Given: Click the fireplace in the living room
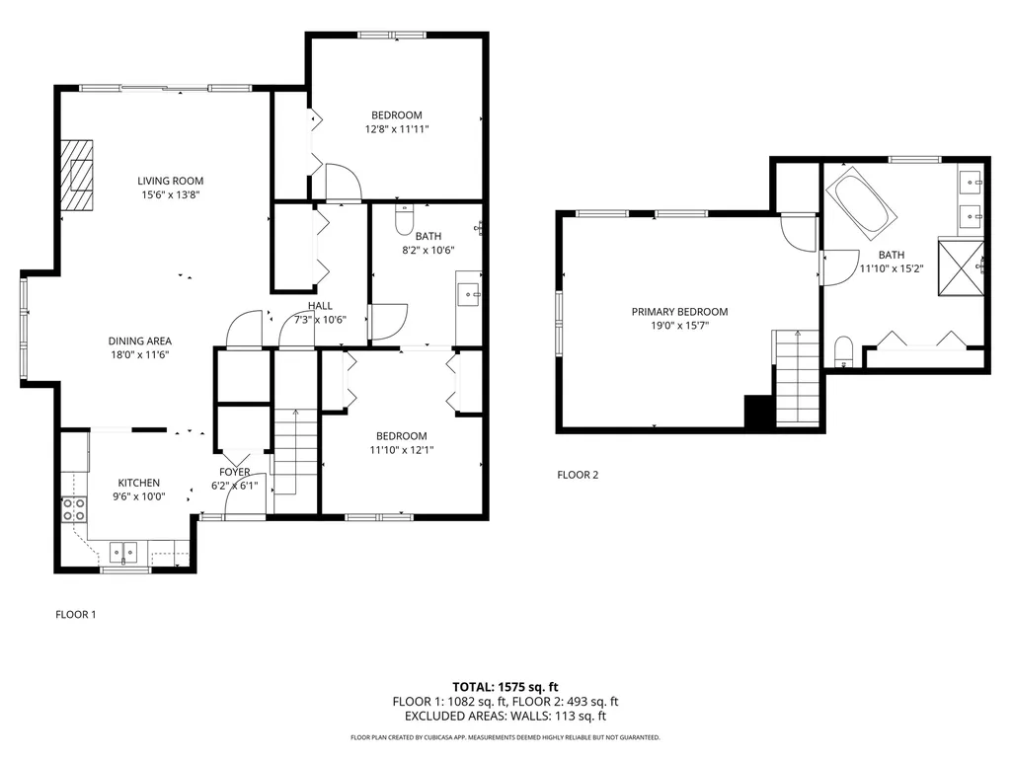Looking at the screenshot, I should (x=78, y=175).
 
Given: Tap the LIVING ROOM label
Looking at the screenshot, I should (x=170, y=181).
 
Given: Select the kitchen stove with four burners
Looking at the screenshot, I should (x=74, y=509).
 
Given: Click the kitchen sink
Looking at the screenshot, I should (x=123, y=551).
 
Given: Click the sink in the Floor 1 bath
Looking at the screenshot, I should (x=468, y=293).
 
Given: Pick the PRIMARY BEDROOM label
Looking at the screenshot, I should (x=671, y=311).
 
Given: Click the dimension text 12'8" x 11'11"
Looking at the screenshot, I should (x=397, y=128).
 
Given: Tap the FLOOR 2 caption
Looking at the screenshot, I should (x=578, y=475).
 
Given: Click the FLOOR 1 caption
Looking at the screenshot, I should (x=75, y=614).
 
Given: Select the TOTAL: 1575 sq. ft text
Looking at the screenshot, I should (x=505, y=686).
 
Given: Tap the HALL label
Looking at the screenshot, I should (x=319, y=306).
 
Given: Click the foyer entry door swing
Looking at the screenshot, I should (x=243, y=498).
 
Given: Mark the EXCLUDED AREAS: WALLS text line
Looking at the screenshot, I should (x=505, y=717).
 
